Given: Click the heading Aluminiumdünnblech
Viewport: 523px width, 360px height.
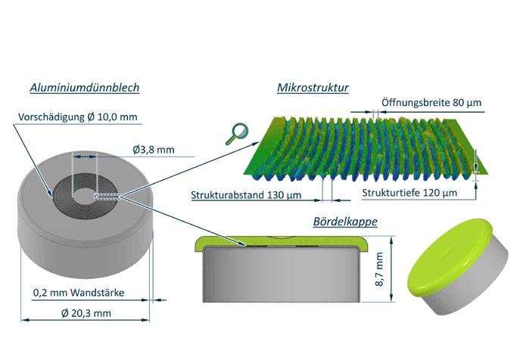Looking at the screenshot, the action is click(84, 88).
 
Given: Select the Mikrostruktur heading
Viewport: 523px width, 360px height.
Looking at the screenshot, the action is click(313, 88).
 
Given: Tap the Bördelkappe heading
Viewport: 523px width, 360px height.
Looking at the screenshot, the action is click(344, 222).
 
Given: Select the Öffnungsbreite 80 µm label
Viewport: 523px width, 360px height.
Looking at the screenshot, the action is click(431, 102).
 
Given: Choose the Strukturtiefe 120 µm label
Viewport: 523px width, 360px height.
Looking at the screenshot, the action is click(409, 194).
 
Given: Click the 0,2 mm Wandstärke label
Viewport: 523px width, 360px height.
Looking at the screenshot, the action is click(79, 292).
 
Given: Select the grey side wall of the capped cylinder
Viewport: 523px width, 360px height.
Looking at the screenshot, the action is click(475, 291).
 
